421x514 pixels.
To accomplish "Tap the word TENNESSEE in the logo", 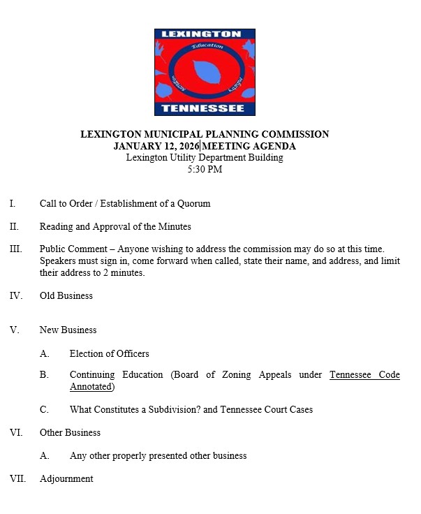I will (203, 108).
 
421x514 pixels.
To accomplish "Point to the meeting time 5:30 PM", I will (205, 169).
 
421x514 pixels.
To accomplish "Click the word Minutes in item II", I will (175, 226).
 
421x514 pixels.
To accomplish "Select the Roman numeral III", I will (16, 249).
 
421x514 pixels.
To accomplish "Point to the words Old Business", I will (66, 295).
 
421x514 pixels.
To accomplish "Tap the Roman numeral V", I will (14, 330).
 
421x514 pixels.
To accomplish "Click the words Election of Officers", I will (109, 353).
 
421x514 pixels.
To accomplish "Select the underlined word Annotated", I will (91, 386).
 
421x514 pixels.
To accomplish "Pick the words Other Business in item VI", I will (70, 432).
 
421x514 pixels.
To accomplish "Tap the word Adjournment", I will (66, 478).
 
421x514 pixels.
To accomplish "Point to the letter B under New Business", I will (44, 375).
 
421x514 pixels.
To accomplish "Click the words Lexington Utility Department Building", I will (205, 158).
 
